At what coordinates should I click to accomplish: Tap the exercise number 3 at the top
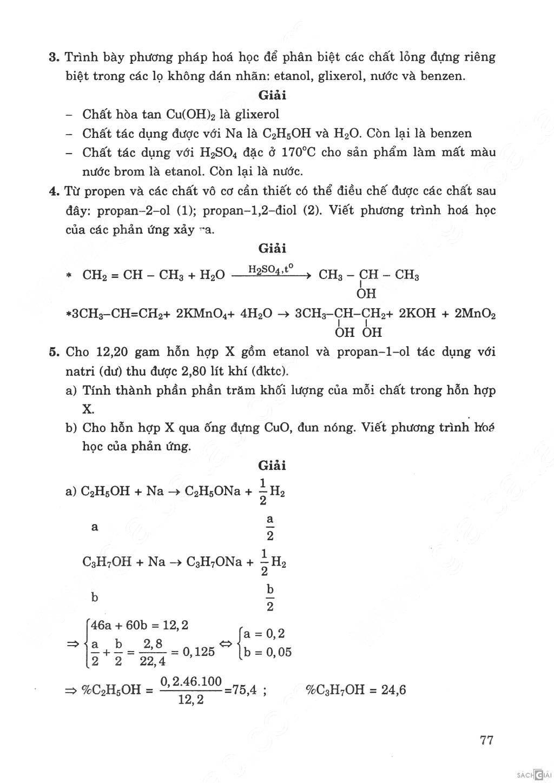[x=53, y=57]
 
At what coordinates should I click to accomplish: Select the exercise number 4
[x=53, y=191]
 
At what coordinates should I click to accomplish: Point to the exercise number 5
[x=53, y=352]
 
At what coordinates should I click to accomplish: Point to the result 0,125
[x=199, y=652]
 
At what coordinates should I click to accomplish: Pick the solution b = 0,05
[x=267, y=652]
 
